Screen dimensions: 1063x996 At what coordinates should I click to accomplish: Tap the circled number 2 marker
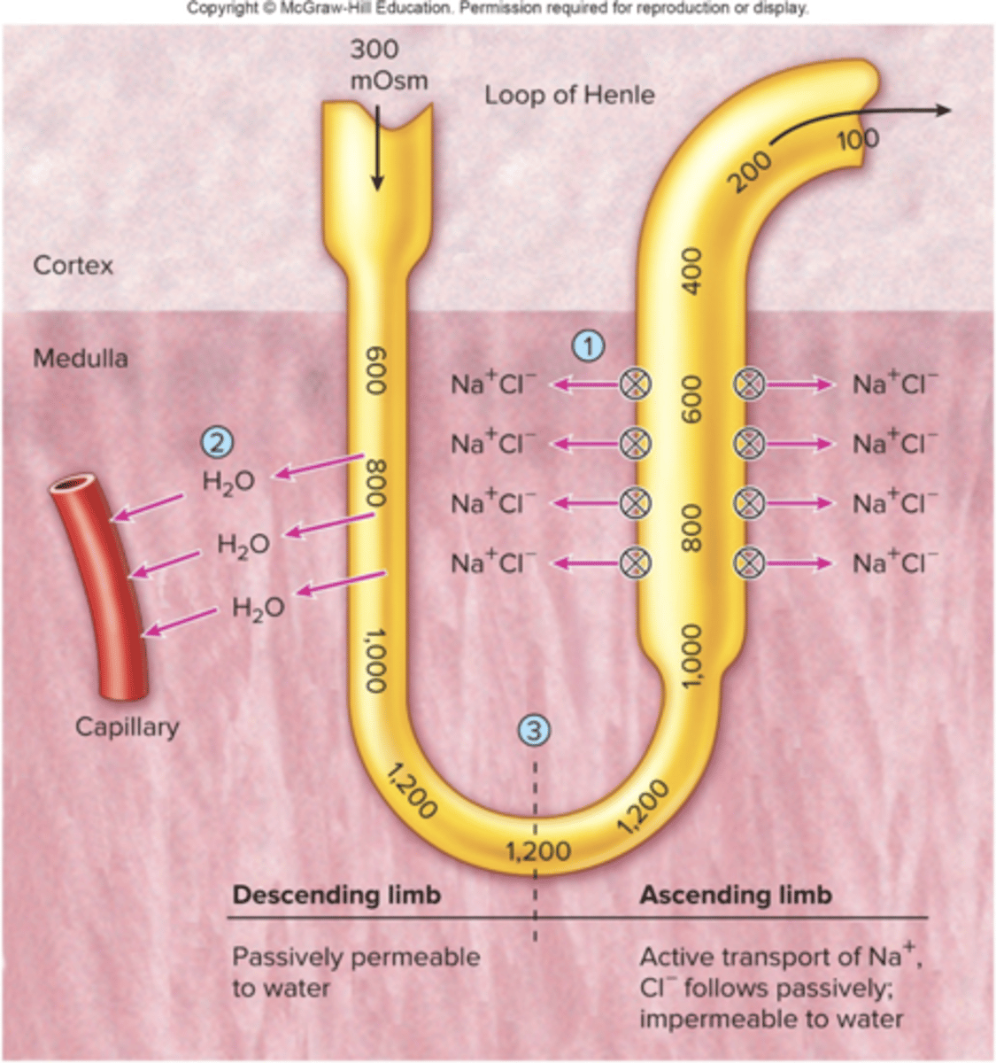pyautogui.click(x=218, y=441)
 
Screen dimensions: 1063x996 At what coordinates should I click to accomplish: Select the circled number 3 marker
pyautogui.click(x=534, y=730)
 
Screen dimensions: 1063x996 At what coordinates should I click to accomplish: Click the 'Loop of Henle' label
pyautogui.click(x=569, y=95)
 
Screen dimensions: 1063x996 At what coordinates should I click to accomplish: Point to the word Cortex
pyautogui.click(x=73, y=265)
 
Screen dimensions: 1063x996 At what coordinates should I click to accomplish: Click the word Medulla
pyautogui.click(x=80, y=359)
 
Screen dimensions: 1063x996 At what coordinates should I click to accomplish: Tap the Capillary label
pyautogui.click(x=127, y=727)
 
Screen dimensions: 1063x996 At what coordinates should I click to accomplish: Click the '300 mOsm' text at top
pyautogui.click(x=388, y=65)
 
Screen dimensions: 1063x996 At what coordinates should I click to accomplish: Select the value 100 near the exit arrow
pyautogui.click(x=857, y=139)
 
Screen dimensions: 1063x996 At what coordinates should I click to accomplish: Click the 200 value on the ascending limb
pyautogui.click(x=752, y=169)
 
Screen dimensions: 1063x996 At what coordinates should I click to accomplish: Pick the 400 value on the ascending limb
pyautogui.click(x=691, y=270)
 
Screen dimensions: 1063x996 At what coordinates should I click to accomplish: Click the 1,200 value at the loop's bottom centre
pyautogui.click(x=538, y=851)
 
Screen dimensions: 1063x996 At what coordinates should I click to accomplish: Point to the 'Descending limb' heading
pyautogui.click(x=336, y=895)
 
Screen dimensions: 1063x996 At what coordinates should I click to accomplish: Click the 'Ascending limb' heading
pyautogui.click(x=736, y=895)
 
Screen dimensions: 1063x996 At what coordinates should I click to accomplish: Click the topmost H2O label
pyautogui.click(x=228, y=481)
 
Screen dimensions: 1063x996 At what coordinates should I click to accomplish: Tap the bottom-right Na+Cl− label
pyautogui.click(x=894, y=563)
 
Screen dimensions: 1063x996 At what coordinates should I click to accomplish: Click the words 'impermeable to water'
pyautogui.click(x=771, y=1019)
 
